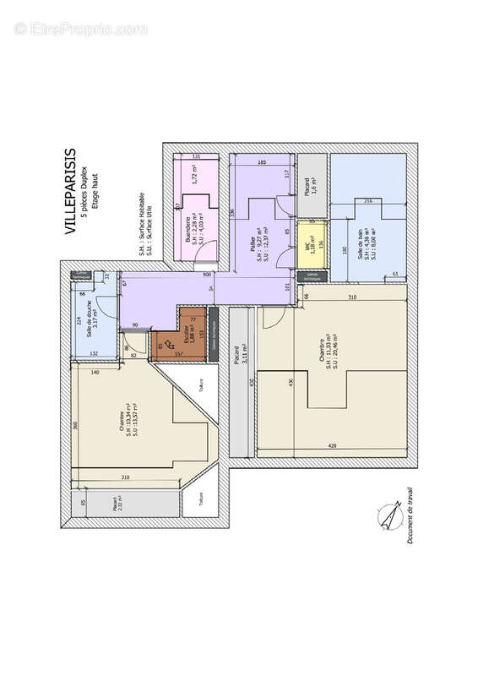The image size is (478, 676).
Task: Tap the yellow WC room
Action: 313,244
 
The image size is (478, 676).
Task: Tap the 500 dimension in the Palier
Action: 206,275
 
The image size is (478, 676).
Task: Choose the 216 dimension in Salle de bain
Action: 367,202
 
